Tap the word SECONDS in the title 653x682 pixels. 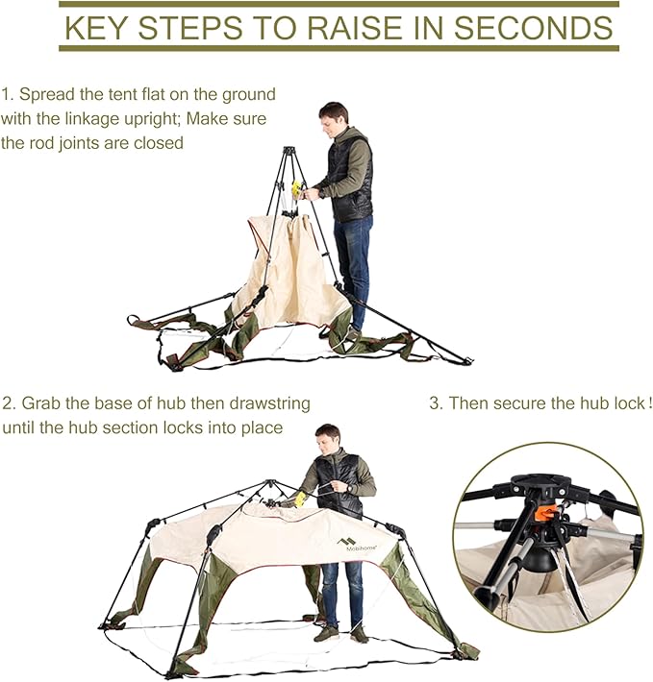coord(534,27)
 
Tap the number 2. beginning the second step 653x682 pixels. coord(10,403)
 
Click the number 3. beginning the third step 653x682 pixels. coord(437,403)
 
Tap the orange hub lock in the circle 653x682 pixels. coord(547,512)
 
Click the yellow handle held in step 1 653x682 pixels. coord(297,189)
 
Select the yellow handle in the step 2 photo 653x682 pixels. coord(299,499)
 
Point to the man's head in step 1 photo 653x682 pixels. coord(335,116)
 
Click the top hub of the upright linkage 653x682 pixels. coord(289,151)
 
